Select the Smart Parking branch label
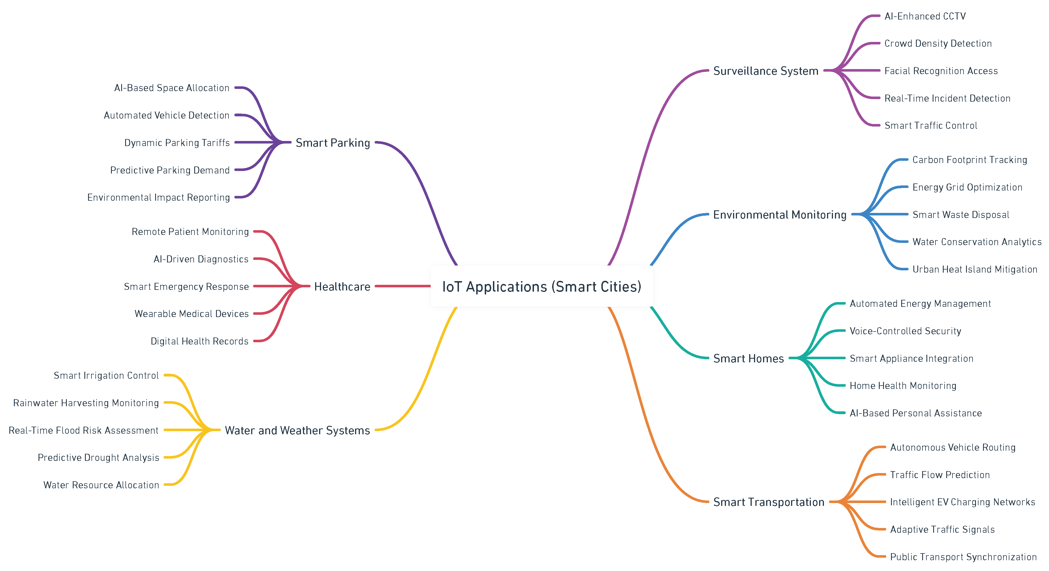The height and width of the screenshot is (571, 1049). point(333,143)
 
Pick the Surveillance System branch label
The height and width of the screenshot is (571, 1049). point(766,71)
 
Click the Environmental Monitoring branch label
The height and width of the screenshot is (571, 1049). point(779,215)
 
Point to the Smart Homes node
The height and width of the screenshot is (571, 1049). point(748,358)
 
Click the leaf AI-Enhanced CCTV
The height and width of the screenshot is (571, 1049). point(925,16)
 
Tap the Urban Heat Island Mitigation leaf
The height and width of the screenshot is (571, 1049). point(975,269)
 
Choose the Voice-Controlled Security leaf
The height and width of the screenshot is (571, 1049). point(905,331)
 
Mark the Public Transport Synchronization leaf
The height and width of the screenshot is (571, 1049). point(963,557)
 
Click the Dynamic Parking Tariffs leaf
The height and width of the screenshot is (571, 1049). point(177,143)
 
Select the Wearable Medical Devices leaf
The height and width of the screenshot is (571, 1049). point(191,314)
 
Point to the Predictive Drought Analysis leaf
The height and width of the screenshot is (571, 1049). point(98,457)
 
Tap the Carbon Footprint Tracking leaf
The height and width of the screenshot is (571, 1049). point(970,160)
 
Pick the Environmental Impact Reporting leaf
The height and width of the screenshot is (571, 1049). point(158,198)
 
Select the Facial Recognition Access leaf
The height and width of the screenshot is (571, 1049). point(941,71)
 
